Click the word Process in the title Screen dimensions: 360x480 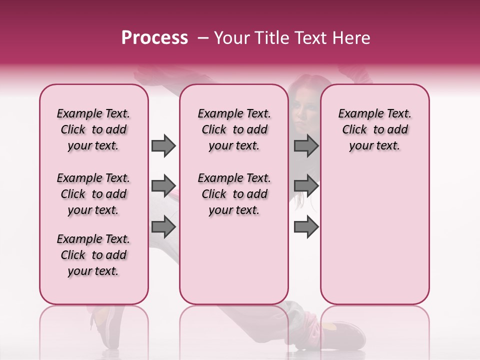coord(154,38)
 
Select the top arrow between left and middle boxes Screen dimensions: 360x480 coord(163,145)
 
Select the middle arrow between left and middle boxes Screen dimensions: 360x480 coord(163,186)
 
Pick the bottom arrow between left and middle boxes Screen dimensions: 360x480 coord(163,227)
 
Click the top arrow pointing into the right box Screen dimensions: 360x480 coord(306,145)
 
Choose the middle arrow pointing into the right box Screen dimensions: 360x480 coord(306,186)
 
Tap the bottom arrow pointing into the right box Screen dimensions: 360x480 coord(306,227)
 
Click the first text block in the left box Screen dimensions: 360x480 coord(93,129)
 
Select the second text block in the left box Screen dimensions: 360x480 coord(93,194)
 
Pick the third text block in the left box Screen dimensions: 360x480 coord(93,255)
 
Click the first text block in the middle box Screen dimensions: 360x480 coord(234,129)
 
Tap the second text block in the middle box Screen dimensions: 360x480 coord(234,194)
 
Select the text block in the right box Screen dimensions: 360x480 coord(374,129)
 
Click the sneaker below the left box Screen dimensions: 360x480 coord(105,325)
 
